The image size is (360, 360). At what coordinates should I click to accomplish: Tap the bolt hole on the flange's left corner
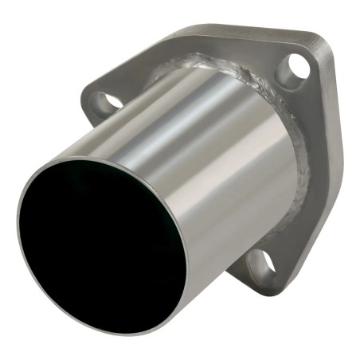click(x=106, y=101)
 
